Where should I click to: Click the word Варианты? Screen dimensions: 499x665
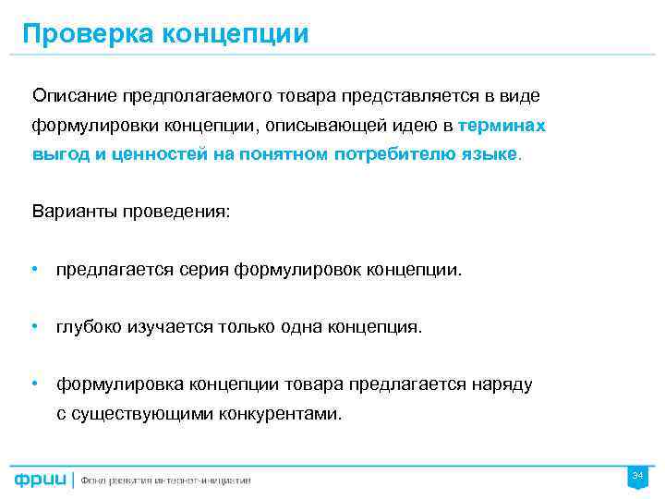[73, 212]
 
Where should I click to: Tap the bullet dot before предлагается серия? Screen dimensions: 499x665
[34, 269]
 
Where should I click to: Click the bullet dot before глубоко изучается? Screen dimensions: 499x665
[34, 326]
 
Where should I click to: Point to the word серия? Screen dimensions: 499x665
[208, 270]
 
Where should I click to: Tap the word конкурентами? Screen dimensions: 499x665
[280, 413]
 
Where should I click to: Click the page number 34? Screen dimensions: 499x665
[636, 475]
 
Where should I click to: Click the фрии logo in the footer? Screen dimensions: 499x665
[40, 480]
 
